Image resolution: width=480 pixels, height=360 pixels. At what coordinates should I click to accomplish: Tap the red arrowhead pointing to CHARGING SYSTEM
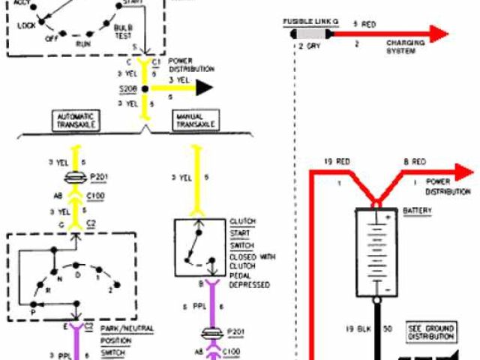439,34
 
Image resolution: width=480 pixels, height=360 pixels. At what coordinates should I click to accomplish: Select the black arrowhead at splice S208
203,88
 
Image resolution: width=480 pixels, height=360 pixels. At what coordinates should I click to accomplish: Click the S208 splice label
127,88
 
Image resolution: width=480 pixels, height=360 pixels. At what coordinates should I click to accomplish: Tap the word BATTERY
417,211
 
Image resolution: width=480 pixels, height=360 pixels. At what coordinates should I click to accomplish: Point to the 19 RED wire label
338,160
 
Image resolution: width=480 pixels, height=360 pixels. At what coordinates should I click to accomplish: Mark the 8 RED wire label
415,160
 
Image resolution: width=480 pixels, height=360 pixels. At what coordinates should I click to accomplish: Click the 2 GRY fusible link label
310,46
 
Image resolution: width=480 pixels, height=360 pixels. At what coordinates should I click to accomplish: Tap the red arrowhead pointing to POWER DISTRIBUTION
465,172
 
